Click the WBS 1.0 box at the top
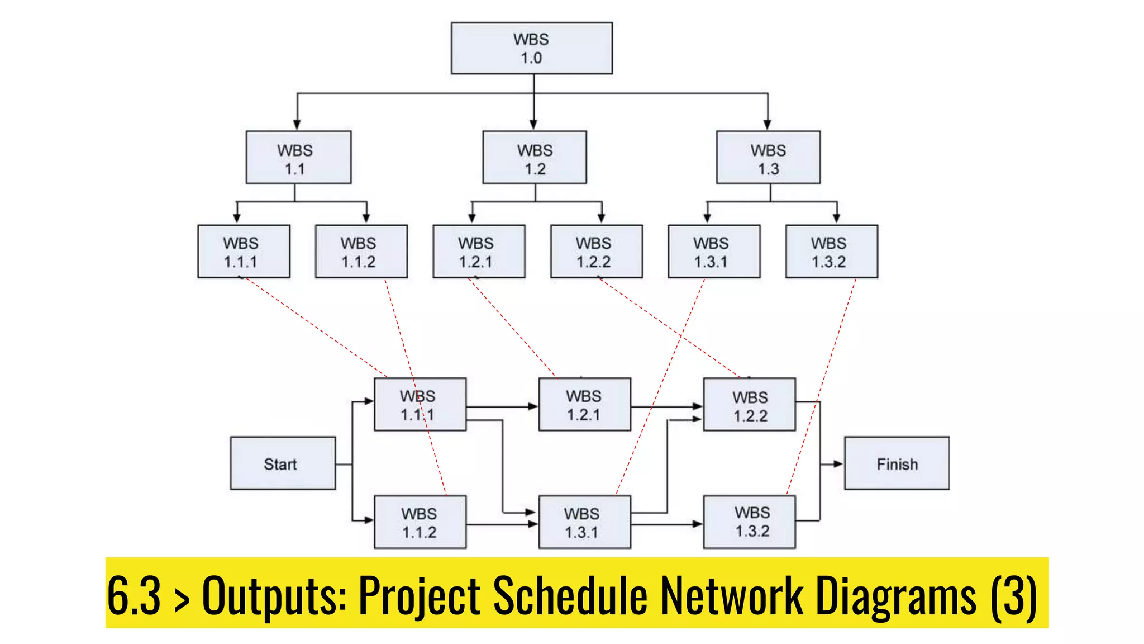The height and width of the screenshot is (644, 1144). [531, 49]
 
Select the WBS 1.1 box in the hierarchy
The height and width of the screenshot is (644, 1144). [298, 158]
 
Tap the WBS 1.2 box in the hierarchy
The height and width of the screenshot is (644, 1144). [535, 158]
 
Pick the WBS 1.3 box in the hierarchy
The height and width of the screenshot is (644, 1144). [768, 158]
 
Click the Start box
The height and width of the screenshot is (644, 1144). [283, 463]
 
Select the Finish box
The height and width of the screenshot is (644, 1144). [897, 463]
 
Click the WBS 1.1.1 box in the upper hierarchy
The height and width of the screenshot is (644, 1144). [244, 252]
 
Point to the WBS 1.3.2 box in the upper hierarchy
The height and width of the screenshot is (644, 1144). [831, 252]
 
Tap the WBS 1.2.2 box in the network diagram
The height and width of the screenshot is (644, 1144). [749, 405]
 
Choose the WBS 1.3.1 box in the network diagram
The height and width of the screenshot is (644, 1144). [584, 522]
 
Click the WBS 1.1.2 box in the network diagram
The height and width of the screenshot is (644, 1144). [420, 522]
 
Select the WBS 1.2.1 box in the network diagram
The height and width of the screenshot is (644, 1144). [584, 405]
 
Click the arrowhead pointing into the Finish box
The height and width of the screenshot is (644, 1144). [837, 463]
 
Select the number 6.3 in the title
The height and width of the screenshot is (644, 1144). [134, 595]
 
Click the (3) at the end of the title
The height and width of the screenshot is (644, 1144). [1014, 595]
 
